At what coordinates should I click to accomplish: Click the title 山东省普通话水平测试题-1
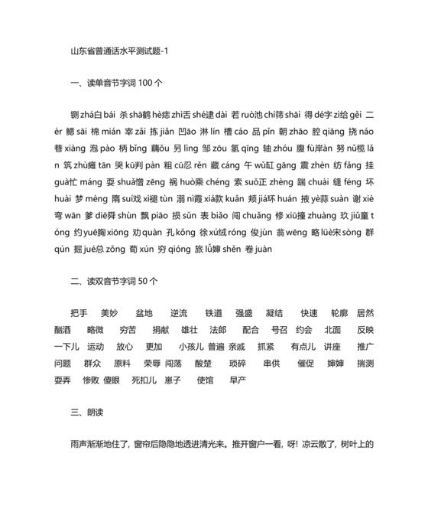tap(122, 51)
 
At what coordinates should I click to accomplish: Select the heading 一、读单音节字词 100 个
tap(115, 83)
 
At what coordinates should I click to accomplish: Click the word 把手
tap(79, 314)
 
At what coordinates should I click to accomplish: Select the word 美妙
tap(109, 314)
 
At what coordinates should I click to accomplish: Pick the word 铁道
tap(214, 314)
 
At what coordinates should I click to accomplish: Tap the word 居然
tap(365, 314)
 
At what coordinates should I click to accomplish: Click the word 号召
tap(280, 330)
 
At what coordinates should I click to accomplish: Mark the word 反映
tap(365, 330)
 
